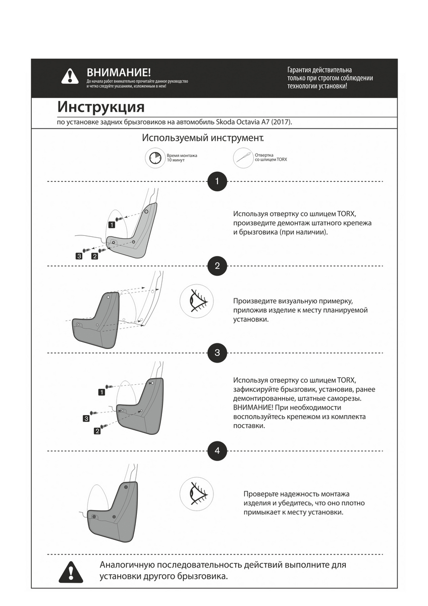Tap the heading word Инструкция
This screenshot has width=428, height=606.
click(101, 107)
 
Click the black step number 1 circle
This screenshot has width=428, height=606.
click(217, 181)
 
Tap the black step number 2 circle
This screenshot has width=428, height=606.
click(217, 266)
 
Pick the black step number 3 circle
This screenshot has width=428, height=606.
click(217, 352)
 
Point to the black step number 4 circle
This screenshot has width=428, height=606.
click(217, 451)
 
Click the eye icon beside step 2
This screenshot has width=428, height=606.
click(196, 301)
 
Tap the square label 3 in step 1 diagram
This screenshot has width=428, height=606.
click(79, 256)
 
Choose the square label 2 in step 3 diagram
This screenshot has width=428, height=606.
click(97, 431)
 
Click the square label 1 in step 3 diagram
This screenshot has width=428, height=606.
click(101, 392)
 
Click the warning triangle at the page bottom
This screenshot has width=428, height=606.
click(71, 571)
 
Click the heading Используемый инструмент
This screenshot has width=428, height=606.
click(202, 138)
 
